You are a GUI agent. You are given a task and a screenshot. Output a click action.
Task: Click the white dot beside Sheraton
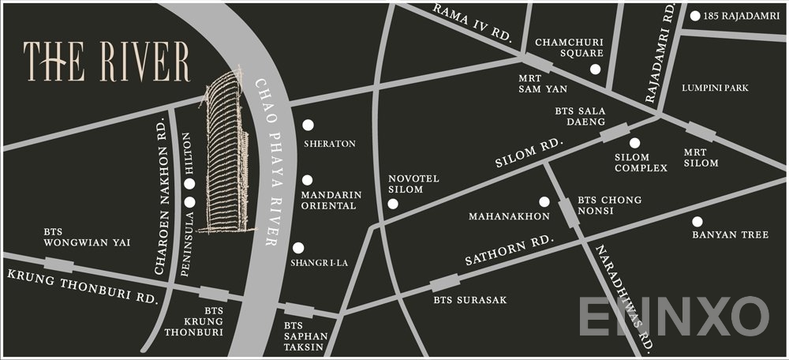pos(308,125)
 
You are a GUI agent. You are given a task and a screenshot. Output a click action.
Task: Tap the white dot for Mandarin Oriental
pos(307,180)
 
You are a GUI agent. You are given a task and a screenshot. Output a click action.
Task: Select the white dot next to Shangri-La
pos(298,247)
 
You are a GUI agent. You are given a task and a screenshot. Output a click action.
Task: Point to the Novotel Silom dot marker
pos(393,204)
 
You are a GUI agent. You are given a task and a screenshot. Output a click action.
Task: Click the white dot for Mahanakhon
pos(544,201)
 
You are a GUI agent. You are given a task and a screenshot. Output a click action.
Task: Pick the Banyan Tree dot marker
pos(697,221)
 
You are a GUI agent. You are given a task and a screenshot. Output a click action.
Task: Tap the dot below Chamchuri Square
pos(596,69)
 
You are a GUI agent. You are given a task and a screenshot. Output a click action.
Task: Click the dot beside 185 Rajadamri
pos(694,16)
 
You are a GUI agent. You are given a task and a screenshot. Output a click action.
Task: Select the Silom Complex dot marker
pos(634,143)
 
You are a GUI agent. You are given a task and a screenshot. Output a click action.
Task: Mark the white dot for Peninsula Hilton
pos(189,184)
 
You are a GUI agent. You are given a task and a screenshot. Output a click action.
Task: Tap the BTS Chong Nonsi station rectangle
pos(567,212)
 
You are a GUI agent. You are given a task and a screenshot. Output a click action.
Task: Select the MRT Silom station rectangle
pos(700,132)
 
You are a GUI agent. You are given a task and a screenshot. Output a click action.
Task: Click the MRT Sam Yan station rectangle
pos(539,64)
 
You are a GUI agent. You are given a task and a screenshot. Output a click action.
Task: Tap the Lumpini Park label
pos(715,88)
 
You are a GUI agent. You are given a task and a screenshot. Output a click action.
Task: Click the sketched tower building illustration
pos(228,154)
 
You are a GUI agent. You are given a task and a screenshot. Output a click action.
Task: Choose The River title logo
pos(107,61)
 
